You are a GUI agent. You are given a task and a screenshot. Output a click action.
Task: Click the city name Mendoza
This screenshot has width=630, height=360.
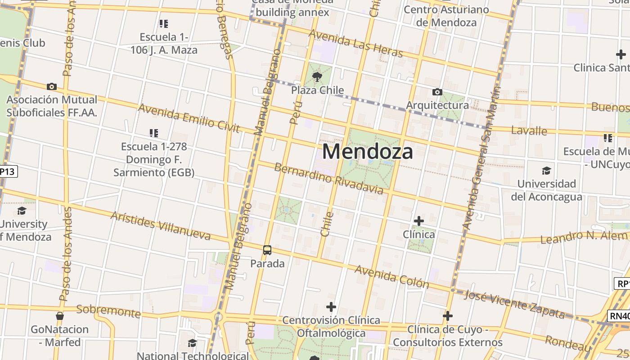(x=367, y=152)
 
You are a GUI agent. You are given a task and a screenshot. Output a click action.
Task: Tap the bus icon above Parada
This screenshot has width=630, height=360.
(x=267, y=250)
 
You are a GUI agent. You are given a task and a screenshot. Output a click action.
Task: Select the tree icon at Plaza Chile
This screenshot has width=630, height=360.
(x=317, y=76)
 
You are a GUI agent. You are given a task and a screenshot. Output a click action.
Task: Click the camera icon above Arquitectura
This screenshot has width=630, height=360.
(x=437, y=92)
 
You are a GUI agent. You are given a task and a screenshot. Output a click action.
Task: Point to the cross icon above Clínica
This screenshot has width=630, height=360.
(x=418, y=221)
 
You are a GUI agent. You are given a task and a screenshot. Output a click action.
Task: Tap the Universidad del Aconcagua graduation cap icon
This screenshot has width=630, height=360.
(x=546, y=171)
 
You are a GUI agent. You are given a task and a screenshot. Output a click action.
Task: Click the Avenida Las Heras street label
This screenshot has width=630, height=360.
(x=355, y=44)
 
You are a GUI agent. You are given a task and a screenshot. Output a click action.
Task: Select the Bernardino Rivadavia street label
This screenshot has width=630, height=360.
(x=328, y=179)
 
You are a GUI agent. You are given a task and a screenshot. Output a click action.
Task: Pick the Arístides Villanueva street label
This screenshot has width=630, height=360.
(x=161, y=226)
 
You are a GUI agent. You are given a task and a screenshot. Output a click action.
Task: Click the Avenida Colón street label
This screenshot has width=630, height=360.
(x=391, y=276)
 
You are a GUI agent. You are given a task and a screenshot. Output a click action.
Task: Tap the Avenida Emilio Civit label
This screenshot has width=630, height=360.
(x=189, y=118)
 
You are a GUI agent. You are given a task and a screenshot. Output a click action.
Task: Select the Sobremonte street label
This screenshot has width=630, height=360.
(x=108, y=310)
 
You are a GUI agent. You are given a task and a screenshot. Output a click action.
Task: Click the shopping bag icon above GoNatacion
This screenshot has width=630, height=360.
(x=59, y=316)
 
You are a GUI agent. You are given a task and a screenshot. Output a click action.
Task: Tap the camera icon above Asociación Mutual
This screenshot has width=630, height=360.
(x=52, y=86)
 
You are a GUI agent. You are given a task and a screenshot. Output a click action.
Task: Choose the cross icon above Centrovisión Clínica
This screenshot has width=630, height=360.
(x=331, y=307)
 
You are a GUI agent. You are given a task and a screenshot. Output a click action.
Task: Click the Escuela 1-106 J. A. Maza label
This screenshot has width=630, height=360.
(x=164, y=43)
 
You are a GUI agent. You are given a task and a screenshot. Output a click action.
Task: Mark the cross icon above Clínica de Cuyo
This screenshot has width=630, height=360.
(x=447, y=316)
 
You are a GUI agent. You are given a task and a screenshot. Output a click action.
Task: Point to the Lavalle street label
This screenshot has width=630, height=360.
(x=529, y=131)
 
